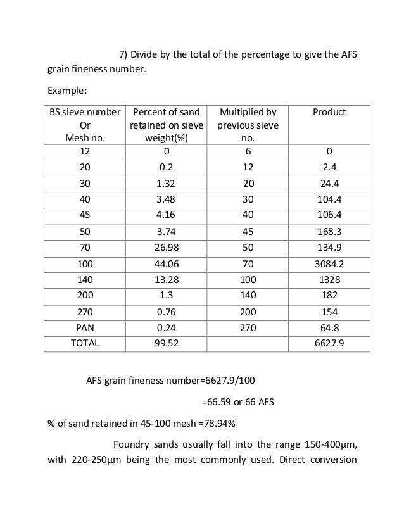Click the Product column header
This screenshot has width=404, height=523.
coord(329,112)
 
